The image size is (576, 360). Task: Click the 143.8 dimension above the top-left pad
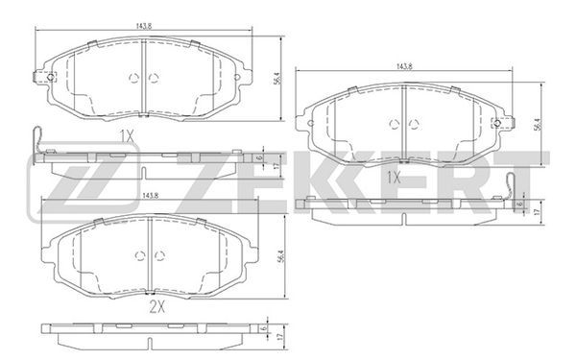click(144, 26)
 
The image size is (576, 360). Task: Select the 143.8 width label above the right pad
click(404, 66)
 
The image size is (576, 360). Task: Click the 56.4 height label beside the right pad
click(538, 125)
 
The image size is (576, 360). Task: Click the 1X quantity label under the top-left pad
click(127, 137)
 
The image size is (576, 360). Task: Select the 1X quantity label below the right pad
click(394, 179)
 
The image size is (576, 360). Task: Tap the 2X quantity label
click(157, 307)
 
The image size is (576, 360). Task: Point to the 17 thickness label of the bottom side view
click(280, 336)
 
